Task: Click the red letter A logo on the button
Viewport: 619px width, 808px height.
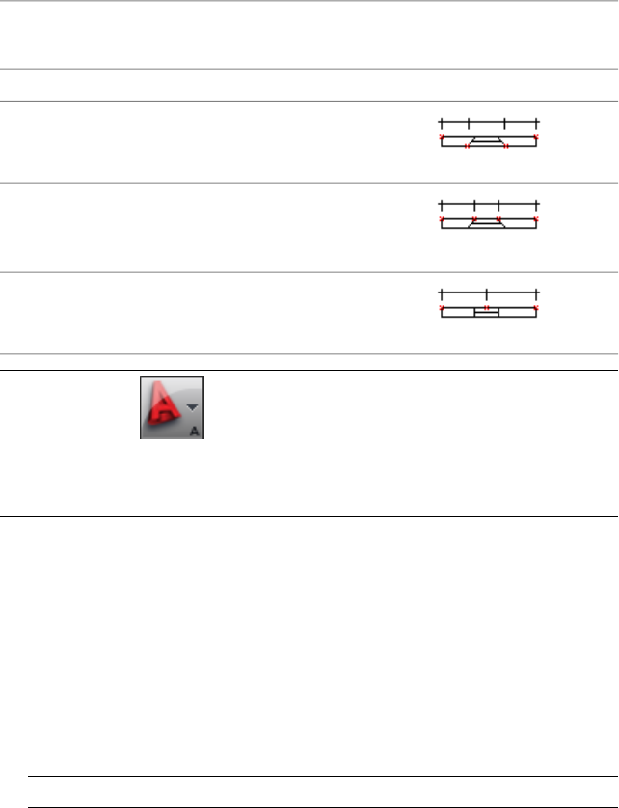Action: point(162,406)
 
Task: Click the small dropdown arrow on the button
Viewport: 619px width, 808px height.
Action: point(191,406)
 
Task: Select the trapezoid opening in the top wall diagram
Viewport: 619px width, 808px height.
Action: point(486,141)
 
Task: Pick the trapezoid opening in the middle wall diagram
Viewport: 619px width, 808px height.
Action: point(486,223)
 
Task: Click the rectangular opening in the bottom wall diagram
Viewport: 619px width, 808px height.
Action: point(486,313)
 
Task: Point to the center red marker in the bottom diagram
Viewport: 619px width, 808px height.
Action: point(487,307)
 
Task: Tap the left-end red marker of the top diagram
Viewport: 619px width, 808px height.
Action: point(442,138)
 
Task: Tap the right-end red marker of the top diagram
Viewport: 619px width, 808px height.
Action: point(535,138)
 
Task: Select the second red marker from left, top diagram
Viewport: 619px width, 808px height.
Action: point(468,146)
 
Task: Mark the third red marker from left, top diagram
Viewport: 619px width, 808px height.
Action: point(506,146)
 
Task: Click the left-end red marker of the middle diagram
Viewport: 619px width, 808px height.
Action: point(442,220)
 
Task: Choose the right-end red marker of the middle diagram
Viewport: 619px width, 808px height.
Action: point(535,220)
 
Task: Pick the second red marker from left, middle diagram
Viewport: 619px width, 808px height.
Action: point(474,219)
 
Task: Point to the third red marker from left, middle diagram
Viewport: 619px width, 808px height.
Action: point(498,219)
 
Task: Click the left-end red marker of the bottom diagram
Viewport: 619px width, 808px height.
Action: point(442,307)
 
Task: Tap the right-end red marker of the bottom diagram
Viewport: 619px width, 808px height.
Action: point(535,307)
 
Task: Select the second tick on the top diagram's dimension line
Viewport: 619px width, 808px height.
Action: point(468,124)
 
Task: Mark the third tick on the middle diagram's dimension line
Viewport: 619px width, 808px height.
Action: point(498,206)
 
